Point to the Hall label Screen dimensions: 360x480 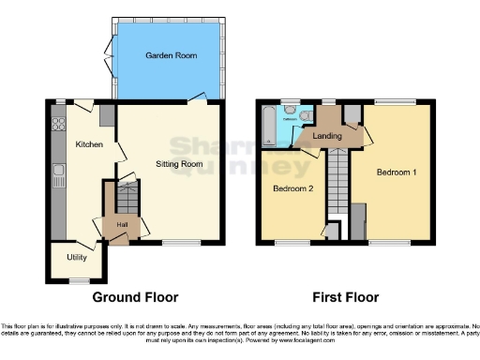click(121, 225)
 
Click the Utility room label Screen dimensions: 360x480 click(77, 257)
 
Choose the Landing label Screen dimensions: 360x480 click(329, 137)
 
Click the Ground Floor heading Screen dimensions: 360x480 click(135, 297)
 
